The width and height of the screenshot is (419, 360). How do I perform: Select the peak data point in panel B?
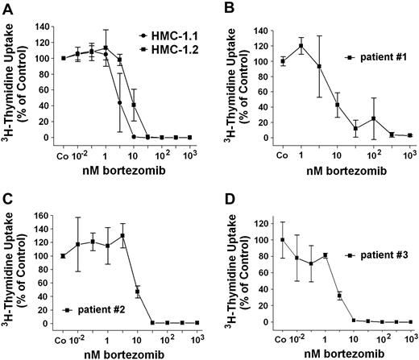pyautogui.click(x=301, y=45)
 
